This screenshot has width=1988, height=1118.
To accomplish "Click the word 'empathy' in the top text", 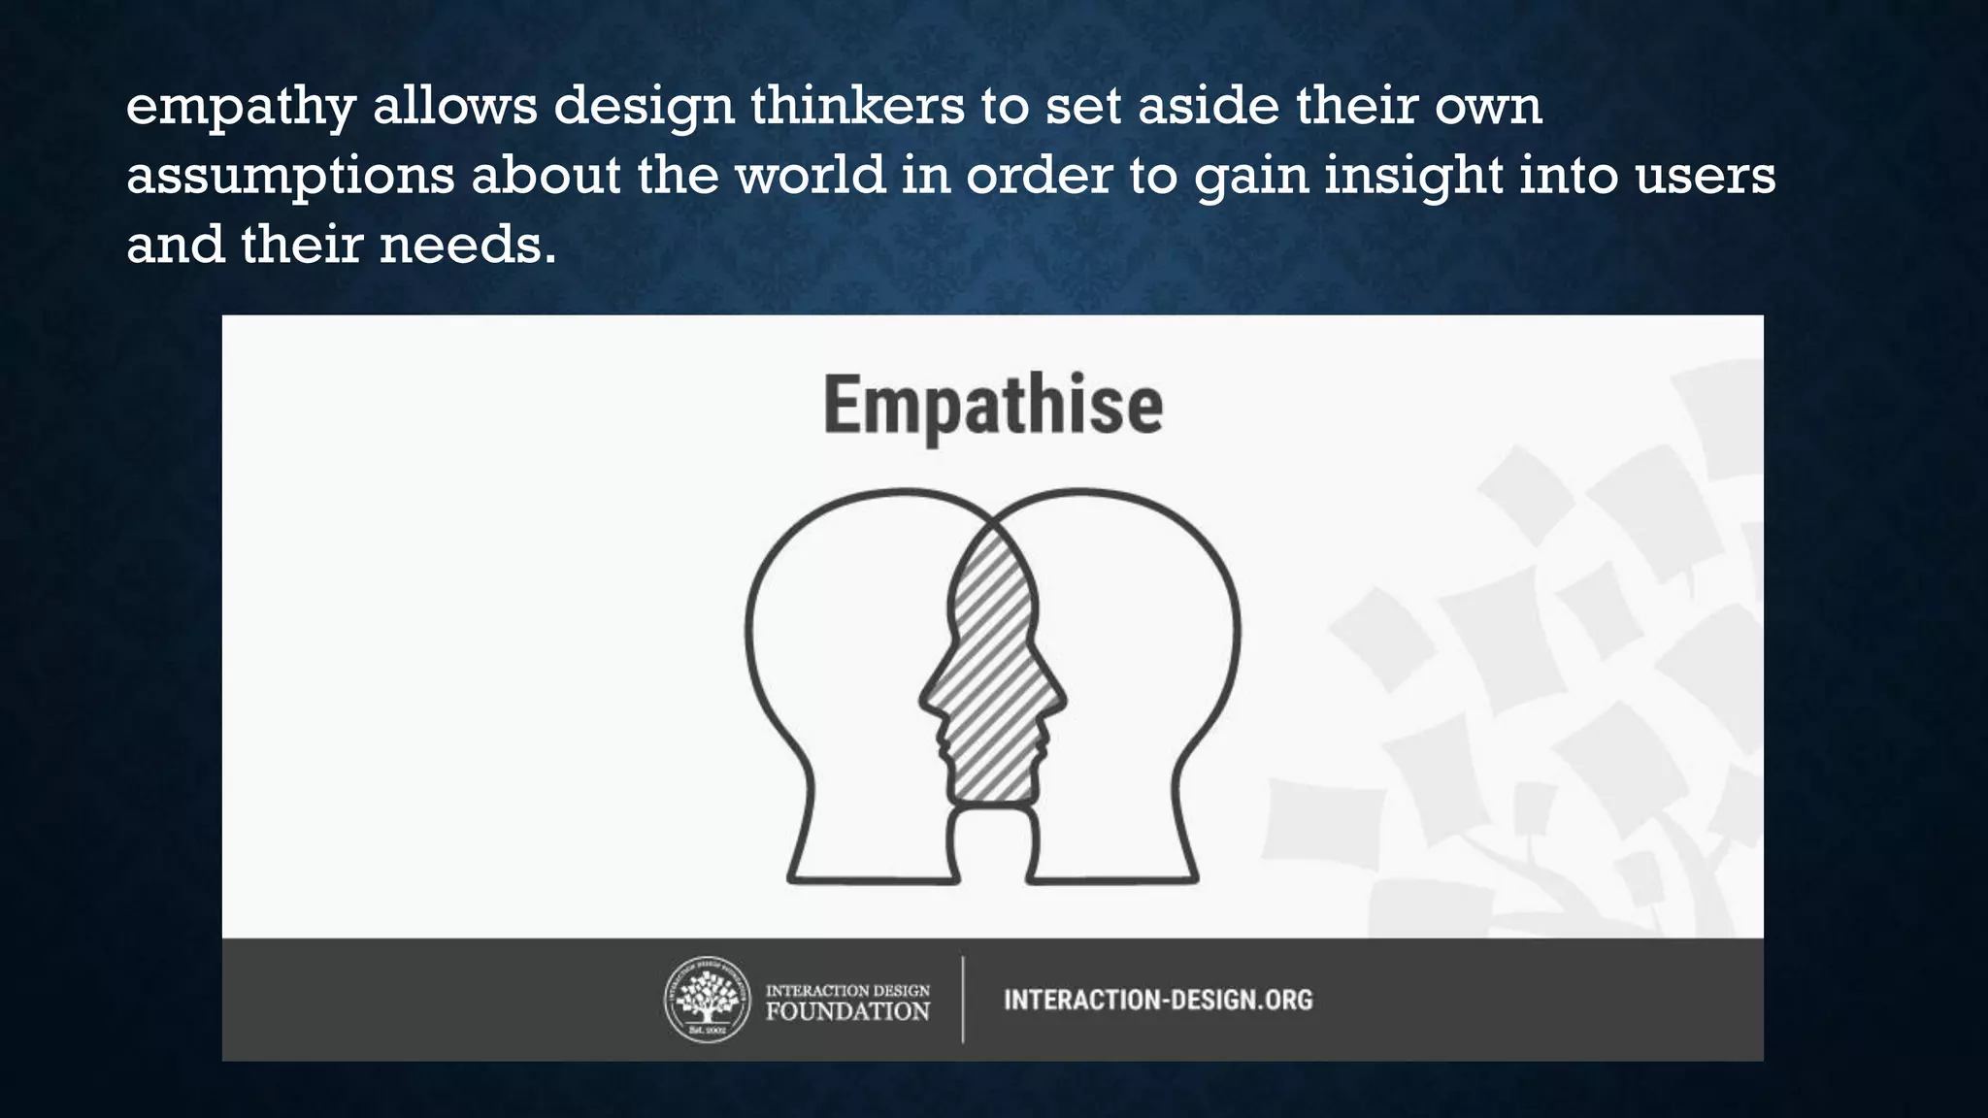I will (x=240, y=107).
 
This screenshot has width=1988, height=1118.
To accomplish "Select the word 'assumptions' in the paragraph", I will (x=290, y=176).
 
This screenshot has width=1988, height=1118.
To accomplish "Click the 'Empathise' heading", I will (x=992, y=406).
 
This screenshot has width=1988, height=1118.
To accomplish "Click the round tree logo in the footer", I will (x=708, y=1000).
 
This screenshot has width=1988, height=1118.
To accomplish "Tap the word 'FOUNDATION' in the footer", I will (x=847, y=1012).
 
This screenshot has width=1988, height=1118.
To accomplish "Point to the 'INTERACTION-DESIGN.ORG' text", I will (x=1158, y=1000).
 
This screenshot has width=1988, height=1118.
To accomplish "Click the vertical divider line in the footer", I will (x=963, y=1000).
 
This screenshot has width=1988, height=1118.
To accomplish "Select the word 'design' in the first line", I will (x=644, y=107).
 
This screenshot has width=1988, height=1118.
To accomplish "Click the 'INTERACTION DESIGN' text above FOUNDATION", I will (x=847, y=991).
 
